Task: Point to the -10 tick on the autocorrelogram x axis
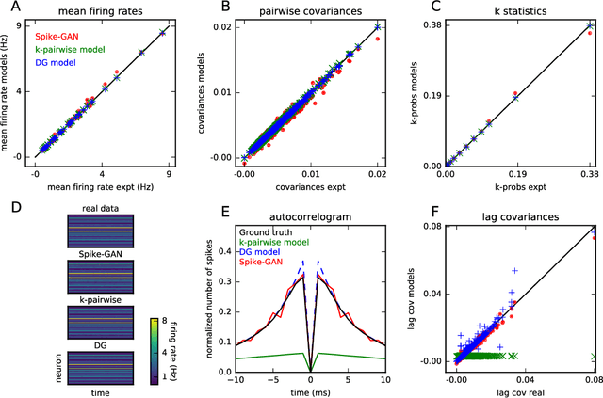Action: coord(239,380)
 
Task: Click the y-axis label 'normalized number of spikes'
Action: coord(212,296)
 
